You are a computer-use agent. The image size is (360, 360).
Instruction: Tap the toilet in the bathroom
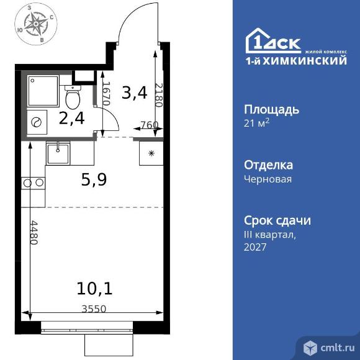pos(73,97)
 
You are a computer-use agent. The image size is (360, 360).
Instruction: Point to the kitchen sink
pos(58,151)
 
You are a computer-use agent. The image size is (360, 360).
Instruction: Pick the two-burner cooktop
pos(34,182)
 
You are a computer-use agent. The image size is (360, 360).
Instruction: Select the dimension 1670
pos(106,94)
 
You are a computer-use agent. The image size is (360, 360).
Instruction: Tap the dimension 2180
pos(158,95)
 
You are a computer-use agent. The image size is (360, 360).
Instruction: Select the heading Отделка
pos(268,165)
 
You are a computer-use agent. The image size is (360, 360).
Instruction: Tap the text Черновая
pos(268,179)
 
